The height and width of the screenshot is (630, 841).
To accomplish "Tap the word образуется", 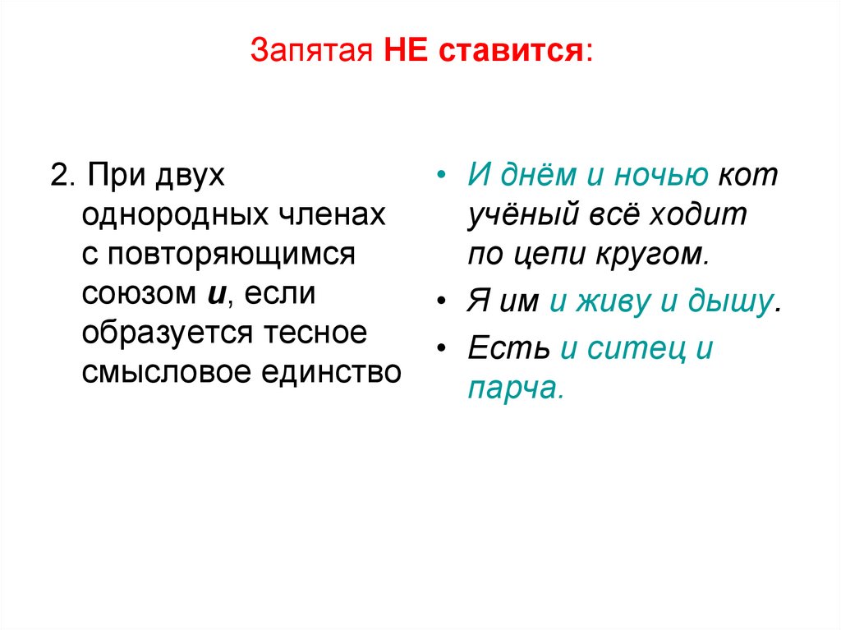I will (x=169, y=333).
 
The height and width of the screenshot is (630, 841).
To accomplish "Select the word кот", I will (x=747, y=177).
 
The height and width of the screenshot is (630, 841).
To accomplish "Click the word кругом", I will (x=659, y=255).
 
